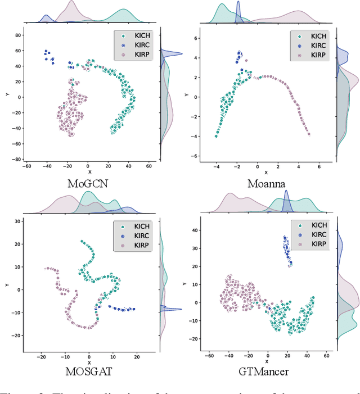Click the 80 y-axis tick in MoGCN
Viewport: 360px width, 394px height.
17,35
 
